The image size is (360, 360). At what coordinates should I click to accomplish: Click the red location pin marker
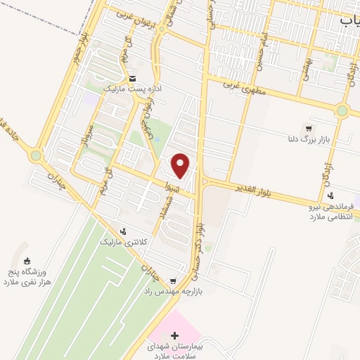[x=181, y=166]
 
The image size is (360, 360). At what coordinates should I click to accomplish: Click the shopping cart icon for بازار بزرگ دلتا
[x=309, y=129]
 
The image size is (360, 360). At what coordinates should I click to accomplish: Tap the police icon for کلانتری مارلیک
[x=124, y=231]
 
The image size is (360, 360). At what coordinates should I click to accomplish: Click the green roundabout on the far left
[x=36, y=155]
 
